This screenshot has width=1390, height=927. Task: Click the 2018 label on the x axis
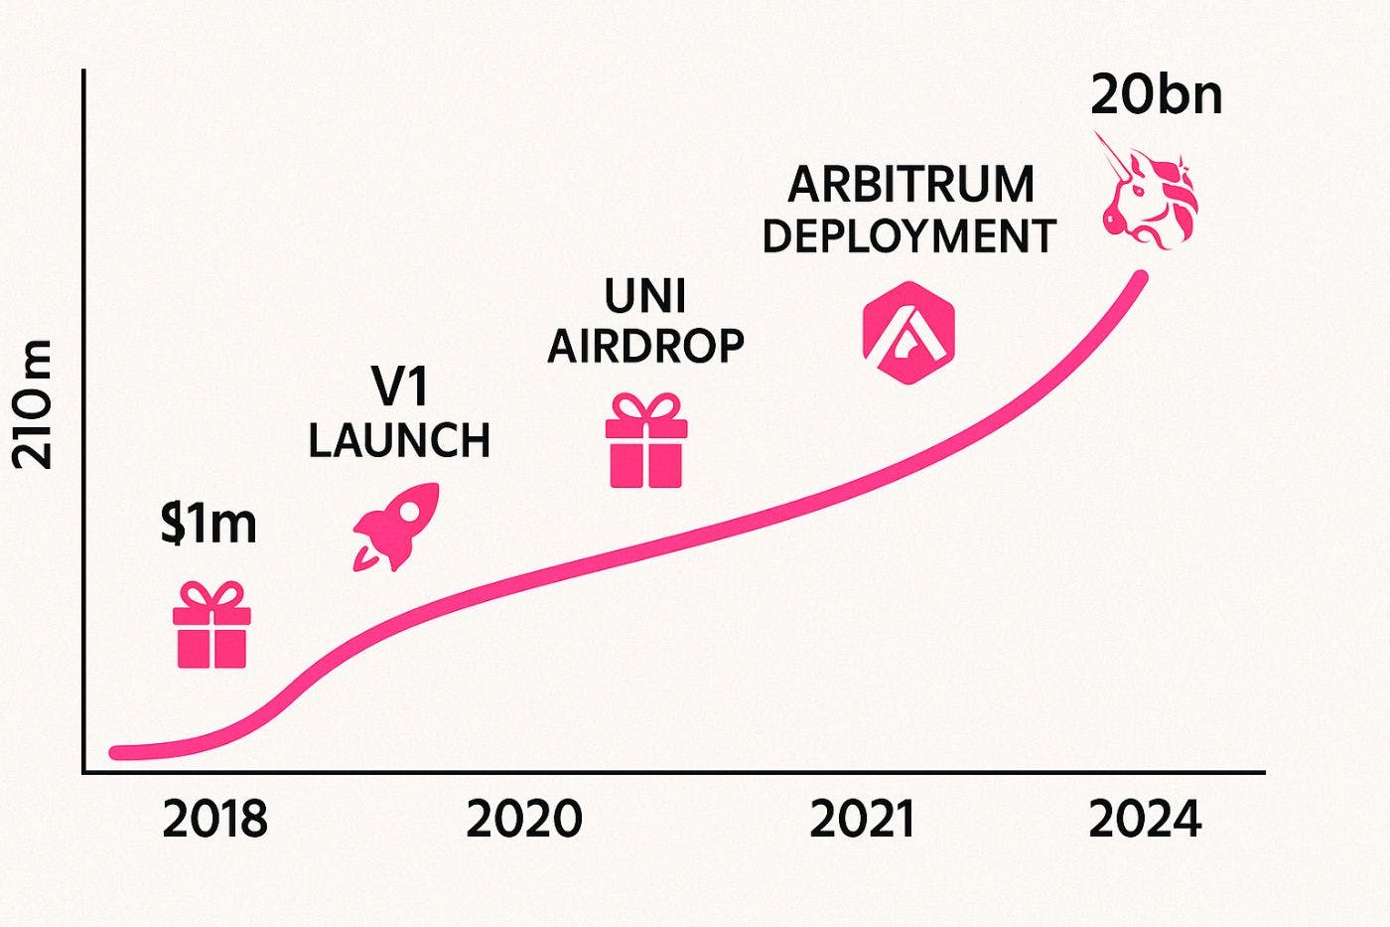pos(214,820)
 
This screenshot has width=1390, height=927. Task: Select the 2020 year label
pos(524,820)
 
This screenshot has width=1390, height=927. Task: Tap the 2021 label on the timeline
pos(862,820)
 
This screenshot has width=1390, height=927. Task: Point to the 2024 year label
pos(1145,820)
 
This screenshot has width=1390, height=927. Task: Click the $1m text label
pos(209,524)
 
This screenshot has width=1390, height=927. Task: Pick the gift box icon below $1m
pos(211,625)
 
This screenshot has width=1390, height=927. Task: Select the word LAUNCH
pos(399,440)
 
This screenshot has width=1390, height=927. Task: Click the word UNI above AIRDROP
pos(645,295)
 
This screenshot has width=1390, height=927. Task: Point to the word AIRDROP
pos(646,347)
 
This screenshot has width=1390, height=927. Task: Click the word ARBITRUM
pos(911,186)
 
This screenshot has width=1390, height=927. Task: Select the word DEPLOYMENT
pos(908,237)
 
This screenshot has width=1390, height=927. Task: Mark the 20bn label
pos(1156,97)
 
